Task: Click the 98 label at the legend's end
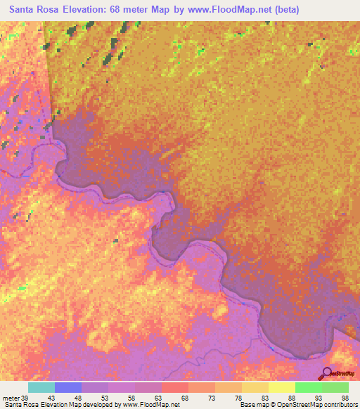click(345, 398)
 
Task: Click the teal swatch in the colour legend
click(41, 387)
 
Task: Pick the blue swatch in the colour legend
click(67, 387)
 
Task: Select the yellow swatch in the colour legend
click(281, 387)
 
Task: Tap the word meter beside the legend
click(12, 398)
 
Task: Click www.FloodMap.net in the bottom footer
click(150, 405)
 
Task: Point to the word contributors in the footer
click(337, 405)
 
